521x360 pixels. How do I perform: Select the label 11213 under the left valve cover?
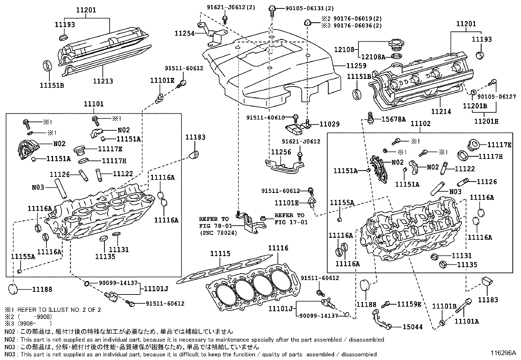[x=103, y=81]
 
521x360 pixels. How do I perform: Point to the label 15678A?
[x=394, y=119]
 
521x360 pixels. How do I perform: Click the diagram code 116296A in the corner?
[x=503, y=353]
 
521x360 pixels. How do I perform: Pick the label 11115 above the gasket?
[x=220, y=254]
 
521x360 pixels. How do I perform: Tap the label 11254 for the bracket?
[x=185, y=33]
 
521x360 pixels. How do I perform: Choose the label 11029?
[x=329, y=124]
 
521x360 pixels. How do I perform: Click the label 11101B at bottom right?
[x=444, y=306]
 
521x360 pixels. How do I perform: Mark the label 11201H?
[x=486, y=121]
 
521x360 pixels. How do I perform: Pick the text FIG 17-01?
[x=289, y=222]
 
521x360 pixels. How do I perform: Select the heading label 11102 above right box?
[x=421, y=123]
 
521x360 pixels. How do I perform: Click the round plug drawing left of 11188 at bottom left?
[x=14, y=290]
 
